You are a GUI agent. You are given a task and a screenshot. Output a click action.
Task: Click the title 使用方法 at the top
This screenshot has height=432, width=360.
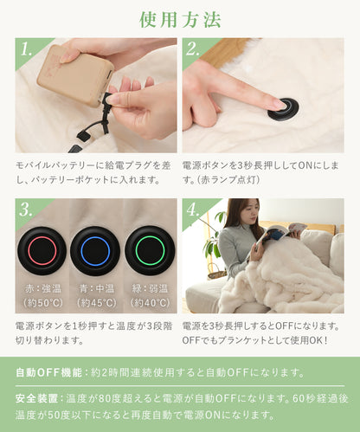coord(180,20)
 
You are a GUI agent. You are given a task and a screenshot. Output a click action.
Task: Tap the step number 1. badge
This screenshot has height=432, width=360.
coord(27,49)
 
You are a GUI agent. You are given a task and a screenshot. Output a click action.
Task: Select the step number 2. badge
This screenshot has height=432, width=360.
coord(193,49)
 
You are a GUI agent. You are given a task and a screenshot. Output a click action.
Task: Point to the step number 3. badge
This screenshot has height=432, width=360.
coord(27,210)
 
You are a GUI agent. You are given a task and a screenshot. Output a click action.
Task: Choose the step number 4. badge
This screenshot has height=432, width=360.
coord(193,210)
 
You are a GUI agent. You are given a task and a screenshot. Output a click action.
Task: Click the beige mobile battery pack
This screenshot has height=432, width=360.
coord(75,75)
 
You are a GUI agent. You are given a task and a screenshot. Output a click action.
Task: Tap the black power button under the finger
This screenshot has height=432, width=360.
coord(283,109)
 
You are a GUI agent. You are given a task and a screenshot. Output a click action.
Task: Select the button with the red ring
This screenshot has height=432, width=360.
coord(42,251)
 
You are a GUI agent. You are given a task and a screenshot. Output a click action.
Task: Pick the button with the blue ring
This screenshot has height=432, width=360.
coord(95,251)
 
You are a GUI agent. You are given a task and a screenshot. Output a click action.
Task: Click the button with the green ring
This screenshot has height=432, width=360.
coord(150,250)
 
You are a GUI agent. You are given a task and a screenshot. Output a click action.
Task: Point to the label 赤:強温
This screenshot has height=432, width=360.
coord(43,288)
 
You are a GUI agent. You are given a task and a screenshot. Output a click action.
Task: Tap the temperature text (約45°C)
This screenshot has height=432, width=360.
coord(97,303)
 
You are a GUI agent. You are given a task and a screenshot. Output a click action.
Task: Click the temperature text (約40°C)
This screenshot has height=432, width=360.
coord(151,303)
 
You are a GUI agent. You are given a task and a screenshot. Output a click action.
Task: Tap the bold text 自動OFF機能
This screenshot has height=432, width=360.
coord(49,372)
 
